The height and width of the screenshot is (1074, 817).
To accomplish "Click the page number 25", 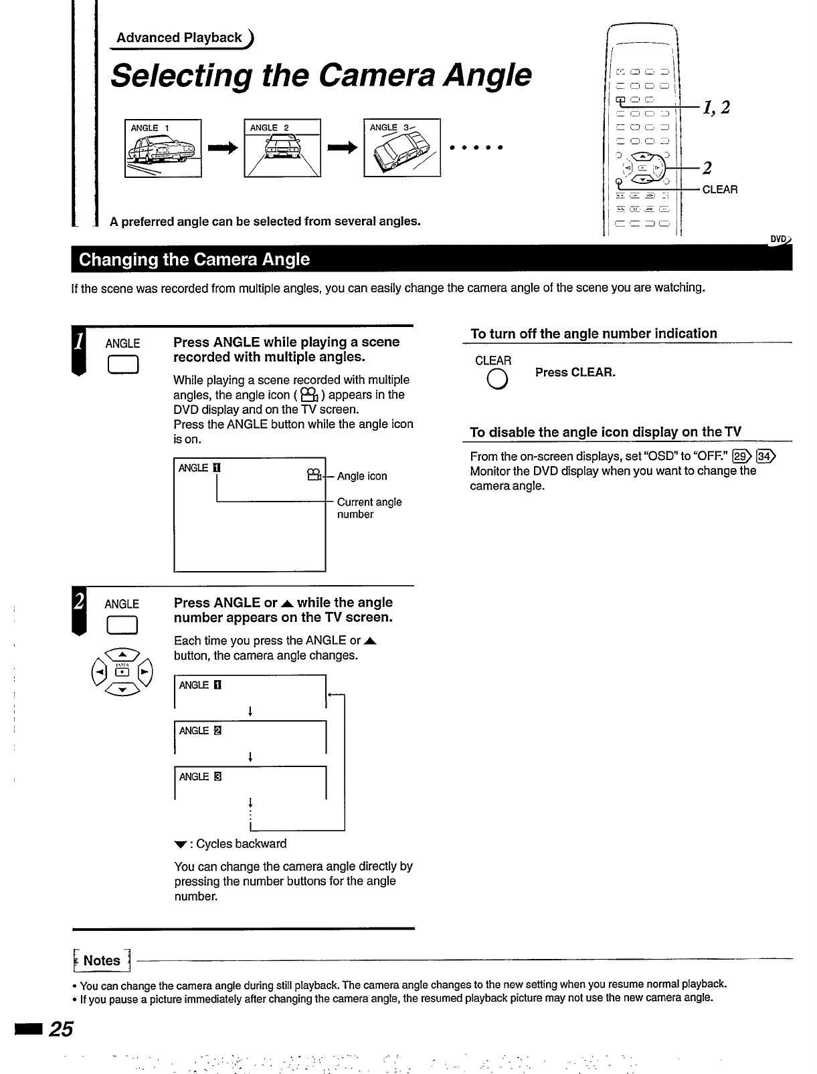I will tap(61, 1029).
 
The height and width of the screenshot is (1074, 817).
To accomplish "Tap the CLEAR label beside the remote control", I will tap(720, 190).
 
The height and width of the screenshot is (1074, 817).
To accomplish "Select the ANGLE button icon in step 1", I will tap(122, 364).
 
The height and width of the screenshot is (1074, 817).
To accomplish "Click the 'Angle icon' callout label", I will tap(362, 476).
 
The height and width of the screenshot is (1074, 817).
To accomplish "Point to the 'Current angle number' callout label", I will tap(369, 508).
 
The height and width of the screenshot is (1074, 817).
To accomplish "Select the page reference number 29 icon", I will tap(741, 457).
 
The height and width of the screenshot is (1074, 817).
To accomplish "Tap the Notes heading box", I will tap(102, 961).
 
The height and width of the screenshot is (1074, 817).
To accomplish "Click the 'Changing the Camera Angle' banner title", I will tap(194, 259).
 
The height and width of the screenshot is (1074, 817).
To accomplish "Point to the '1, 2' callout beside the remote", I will tap(716, 107).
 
